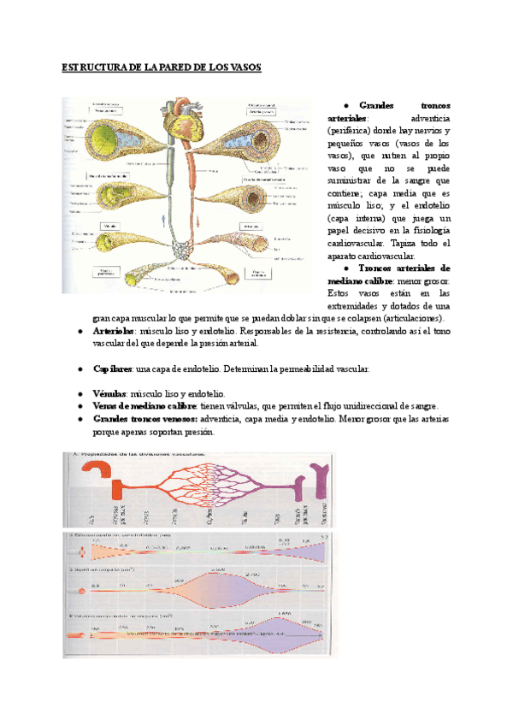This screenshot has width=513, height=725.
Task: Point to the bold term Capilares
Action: (x=112, y=368)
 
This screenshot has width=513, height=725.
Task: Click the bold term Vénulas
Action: (x=110, y=393)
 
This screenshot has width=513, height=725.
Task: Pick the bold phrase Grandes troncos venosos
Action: (x=145, y=419)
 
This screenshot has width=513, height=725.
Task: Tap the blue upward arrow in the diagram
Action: (x=163, y=221)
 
